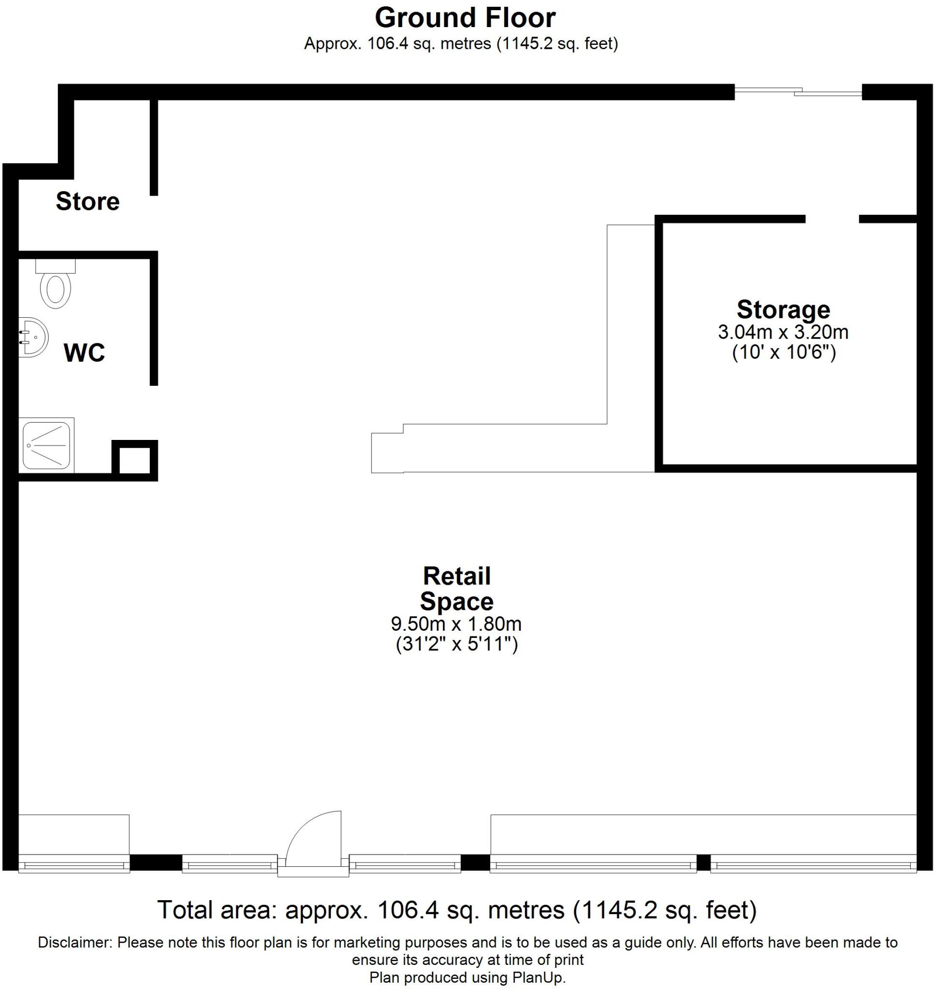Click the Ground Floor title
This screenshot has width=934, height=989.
[x=465, y=18]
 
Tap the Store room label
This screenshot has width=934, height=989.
[x=87, y=201]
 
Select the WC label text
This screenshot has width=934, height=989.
[x=84, y=353]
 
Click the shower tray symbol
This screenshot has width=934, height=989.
[x=46, y=445]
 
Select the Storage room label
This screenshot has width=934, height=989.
[x=783, y=310]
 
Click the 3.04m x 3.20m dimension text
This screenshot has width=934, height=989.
[x=783, y=332]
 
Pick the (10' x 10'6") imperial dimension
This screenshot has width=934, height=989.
[x=783, y=353]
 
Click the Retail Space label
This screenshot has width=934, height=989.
[x=456, y=589]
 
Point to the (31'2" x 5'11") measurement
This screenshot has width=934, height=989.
[x=456, y=645]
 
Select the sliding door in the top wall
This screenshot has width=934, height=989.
[x=798, y=92]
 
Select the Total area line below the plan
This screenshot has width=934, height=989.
[x=456, y=910]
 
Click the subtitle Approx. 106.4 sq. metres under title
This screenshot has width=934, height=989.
[x=461, y=44]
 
